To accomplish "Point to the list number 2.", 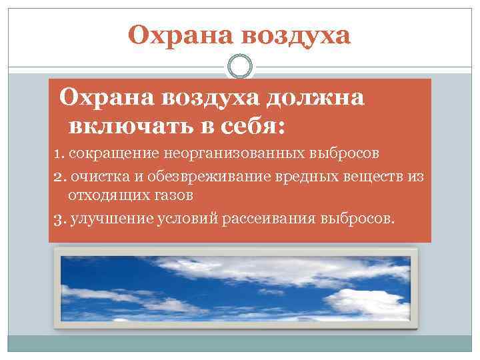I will (x=57, y=178).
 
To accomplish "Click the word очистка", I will (x=92, y=178).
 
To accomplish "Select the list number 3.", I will (x=57, y=219).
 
